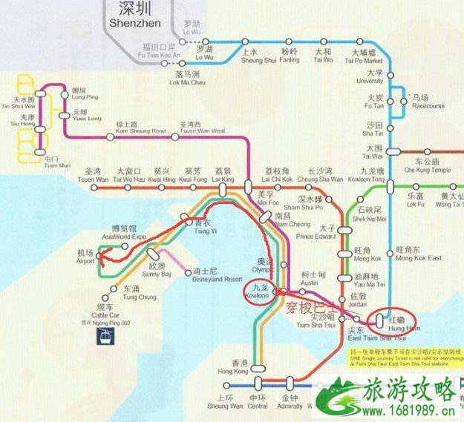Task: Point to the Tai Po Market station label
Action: pos(370,57)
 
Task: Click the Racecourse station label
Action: pos(428,102)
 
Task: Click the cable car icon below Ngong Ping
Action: pos(104,338)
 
